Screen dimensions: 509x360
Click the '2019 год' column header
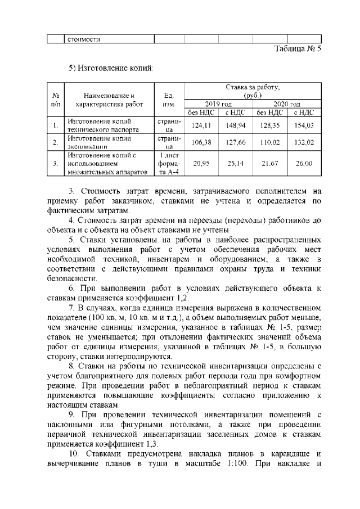[218, 104]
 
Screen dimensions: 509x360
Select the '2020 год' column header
[287, 104]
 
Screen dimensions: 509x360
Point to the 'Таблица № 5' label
[297, 49]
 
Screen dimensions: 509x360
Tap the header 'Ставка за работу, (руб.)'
[253, 92]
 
